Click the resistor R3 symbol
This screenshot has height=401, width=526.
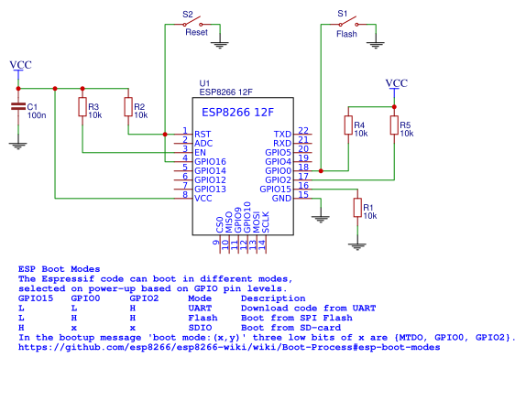(x=82, y=108)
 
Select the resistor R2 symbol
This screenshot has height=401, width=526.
(x=127, y=108)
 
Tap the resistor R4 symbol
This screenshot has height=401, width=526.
(x=348, y=125)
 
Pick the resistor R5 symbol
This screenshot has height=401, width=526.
(x=394, y=125)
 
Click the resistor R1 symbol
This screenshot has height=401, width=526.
(x=357, y=208)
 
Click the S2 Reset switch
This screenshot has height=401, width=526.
(x=203, y=25)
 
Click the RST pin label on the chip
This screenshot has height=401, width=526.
(x=203, y=134)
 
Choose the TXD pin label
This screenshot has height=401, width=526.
(x=282, y=134)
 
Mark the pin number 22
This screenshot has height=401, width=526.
(x=303, y=131)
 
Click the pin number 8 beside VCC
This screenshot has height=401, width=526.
(x=184, y=195)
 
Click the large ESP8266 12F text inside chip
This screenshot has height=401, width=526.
(x=237, y=113)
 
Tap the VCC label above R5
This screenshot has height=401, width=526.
(x=395, y=83)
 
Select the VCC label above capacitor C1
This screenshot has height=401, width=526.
(x=19, y=65)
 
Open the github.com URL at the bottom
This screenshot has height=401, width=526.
(x=229, y=348)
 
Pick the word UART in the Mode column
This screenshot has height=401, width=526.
(x=200, y=309)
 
